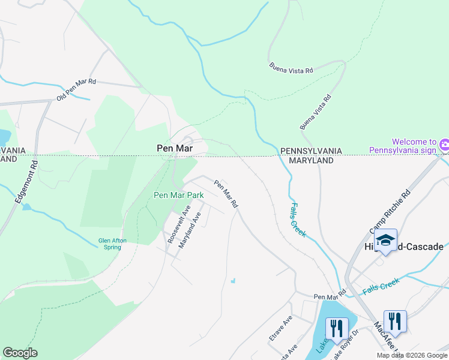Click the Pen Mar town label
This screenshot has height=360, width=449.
click(174, 147)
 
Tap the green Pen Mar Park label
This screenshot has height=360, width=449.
click(179, 195)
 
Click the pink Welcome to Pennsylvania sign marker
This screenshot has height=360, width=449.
click(444, 145)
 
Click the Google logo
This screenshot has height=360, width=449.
click(20, 353)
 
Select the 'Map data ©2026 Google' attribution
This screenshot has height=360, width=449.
click(411, 355)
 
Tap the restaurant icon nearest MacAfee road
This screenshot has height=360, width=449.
click(394, 320)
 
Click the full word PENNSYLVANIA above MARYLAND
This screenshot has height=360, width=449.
click(311, 151)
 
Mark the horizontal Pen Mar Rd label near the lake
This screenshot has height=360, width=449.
click(330, 296)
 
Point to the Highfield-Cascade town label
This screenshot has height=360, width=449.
click(404, 247)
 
